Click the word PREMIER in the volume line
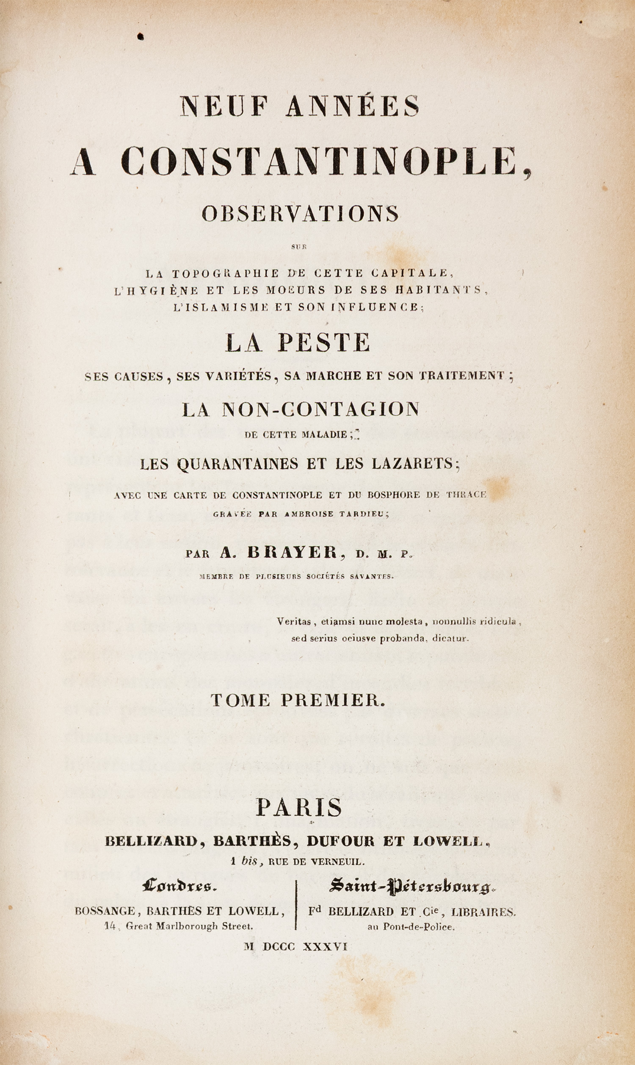(x=332, y=700)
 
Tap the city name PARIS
(x=299, y=808)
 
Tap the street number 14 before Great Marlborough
(x=110, y=926)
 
